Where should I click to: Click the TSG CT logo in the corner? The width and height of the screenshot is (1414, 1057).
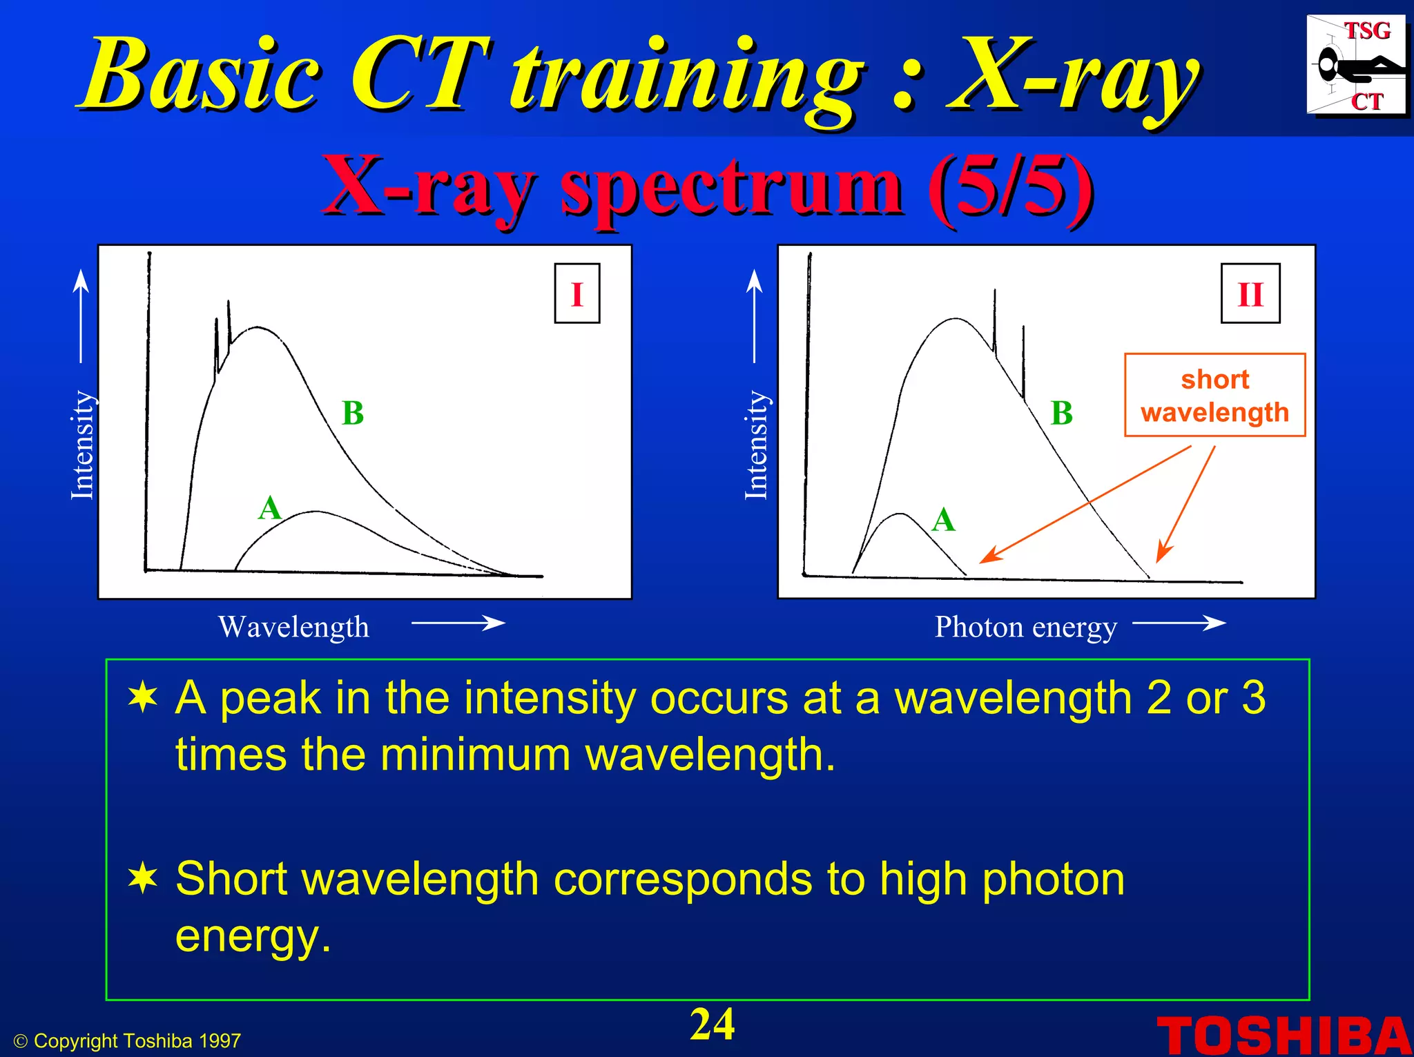(x=1355, y=65)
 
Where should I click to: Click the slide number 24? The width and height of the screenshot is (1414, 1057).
(x=712, y=1025)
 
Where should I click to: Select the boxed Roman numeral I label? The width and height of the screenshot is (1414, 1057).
(x=577, y=294)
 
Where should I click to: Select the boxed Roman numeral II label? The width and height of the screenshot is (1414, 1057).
(x=1250, y=294)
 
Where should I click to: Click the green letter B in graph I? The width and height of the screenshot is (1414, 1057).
(x=353, y=413)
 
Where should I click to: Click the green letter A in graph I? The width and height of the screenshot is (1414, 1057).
(x=269, y=509)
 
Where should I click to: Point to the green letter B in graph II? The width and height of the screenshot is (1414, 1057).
(x=1061, y=413)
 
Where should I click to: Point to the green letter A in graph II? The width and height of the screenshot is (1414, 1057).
(x=943, y=520)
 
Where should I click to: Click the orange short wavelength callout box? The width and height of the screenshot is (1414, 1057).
(x=1214, y=396)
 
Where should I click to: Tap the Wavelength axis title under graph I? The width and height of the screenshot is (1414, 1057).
(x=294, y=627)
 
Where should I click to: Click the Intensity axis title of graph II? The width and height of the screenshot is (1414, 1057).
(x=757, y=445)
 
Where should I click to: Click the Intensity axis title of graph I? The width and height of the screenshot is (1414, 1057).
(x=83, y=445)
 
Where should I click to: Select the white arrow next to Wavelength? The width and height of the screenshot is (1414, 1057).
(x=458, y=623)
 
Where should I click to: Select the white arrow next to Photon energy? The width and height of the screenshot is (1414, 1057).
(x=1179, y=623)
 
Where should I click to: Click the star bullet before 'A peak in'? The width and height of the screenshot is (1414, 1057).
(x=143, y=697)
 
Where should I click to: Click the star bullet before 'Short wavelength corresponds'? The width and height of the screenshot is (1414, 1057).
(x=143, y=879)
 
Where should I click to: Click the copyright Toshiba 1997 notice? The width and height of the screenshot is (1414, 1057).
(x=128, y=1040)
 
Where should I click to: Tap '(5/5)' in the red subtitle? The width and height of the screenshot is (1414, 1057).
(x=1010, y=185)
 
